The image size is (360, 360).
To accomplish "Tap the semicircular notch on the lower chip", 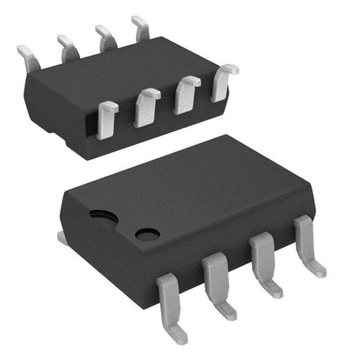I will pyautogui.click(x=101, y=216).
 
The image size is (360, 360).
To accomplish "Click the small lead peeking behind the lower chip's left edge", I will pyautogui.click(x=62, y=237).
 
